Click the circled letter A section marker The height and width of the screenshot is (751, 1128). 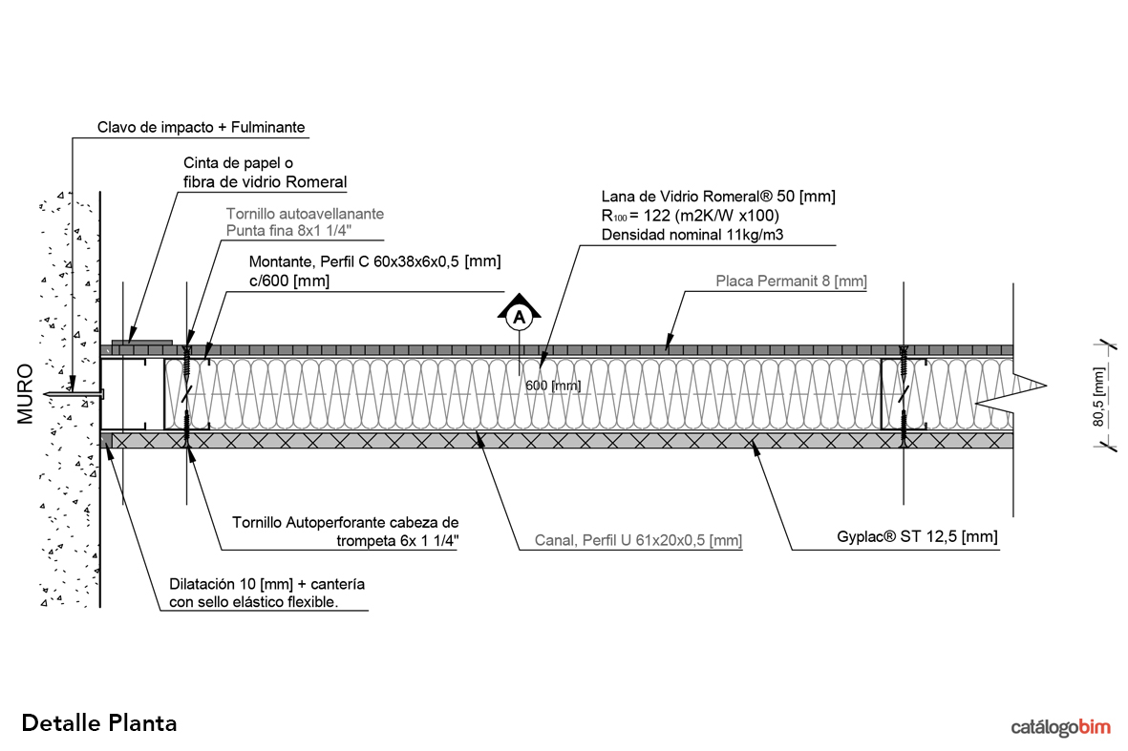coord(519,316)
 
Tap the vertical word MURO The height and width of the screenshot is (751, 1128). coord(26,393)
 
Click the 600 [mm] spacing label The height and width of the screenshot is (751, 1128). coord(552,386)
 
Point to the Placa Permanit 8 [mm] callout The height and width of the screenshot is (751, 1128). coord(791,282)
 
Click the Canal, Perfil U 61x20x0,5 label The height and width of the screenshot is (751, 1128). coord(630,540)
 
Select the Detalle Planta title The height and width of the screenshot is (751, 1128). coord(98,722)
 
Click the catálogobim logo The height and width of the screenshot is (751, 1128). coord(1060,727)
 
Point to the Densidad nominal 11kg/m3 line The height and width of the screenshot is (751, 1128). coord(691,235)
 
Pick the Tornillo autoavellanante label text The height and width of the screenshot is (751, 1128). coord(305,215)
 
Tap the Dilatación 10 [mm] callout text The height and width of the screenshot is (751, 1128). coord(266,583)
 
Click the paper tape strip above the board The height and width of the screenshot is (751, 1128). coord(141,340)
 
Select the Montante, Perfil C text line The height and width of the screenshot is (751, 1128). coord(374,261)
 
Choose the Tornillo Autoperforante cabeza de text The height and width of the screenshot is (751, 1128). coord(346,523)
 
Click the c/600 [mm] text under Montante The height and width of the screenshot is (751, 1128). coord(288,281)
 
